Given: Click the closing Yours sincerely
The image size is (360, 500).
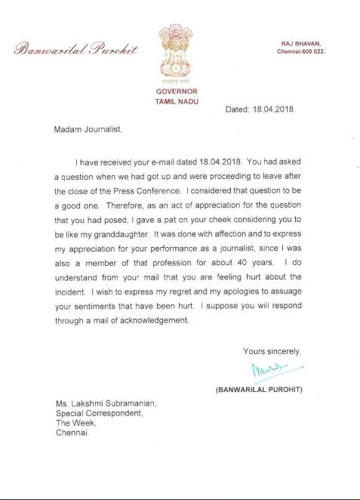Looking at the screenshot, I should [272, 351].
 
